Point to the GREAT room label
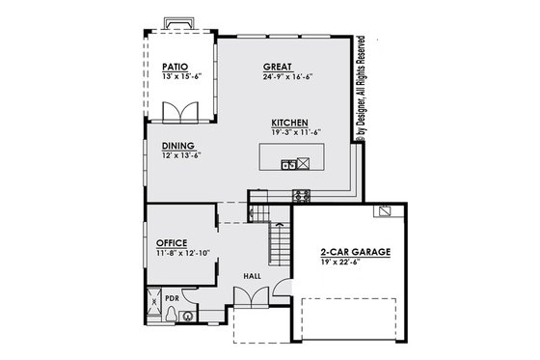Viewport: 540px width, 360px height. [278, 68]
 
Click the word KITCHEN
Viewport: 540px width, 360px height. [289, 123]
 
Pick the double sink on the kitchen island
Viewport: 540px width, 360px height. [287, 164]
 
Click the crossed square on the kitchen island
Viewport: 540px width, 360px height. [302, 164]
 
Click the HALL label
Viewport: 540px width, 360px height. [252, 276]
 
